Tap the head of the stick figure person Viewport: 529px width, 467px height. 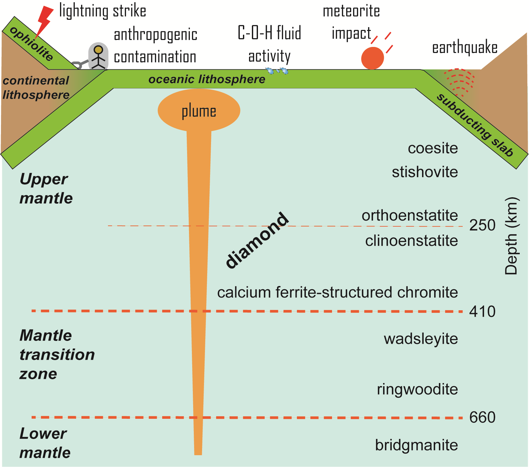(99, 50)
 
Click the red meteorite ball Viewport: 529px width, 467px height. (372, 58)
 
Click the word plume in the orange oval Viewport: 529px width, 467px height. (199, 111)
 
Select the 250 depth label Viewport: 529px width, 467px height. (482, 225)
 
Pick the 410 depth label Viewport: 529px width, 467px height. (482, 312)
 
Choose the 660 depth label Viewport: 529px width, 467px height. (482, 417)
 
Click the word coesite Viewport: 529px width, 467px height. (433, 148)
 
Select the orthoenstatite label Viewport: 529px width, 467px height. (410, 216)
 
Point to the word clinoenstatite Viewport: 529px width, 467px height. (412, 241)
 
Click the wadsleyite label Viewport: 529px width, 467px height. (421, 339)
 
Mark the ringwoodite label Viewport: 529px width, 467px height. (417, 389)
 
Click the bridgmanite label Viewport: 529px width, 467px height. (416, 445)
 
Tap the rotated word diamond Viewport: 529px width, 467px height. (257, 240)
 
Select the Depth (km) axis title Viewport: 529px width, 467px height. (511, 236)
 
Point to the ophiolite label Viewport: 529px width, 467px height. (32, 44)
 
